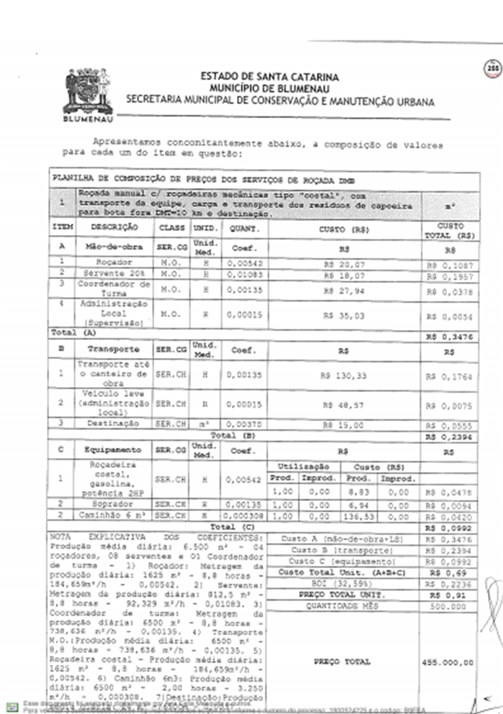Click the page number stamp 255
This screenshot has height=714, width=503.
[493, 69]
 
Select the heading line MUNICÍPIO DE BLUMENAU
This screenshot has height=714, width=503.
[269, 89]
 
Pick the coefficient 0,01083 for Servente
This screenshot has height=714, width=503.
[245, 275]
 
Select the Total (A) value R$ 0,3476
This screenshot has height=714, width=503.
[449, 337]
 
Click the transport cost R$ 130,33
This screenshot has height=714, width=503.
[343, 376]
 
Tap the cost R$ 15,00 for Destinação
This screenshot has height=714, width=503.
[343, 425]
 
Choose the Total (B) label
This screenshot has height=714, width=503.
[233, 435]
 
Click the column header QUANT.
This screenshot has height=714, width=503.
[245, 229]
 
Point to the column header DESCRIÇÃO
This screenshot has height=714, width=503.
[114, 227]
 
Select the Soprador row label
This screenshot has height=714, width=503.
[112, 504]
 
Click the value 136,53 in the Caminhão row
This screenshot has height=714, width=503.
[359, 517]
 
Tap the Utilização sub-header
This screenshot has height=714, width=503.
[303, 467]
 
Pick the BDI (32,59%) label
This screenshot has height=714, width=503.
[342, 584]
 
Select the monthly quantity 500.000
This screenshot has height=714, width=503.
[448, 607]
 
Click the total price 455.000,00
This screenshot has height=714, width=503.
[448, 663]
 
